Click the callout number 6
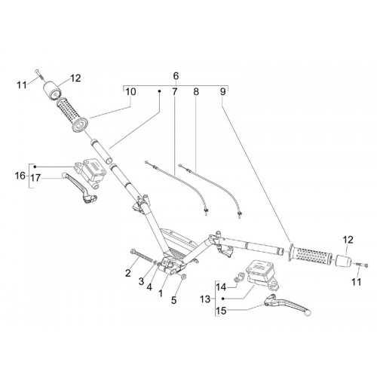(176, 75)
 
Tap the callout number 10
(130, 92)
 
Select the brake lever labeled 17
(79, 186)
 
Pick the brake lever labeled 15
(288, 304)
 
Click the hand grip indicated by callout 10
(73, 115)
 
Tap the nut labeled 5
(183, 277)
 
